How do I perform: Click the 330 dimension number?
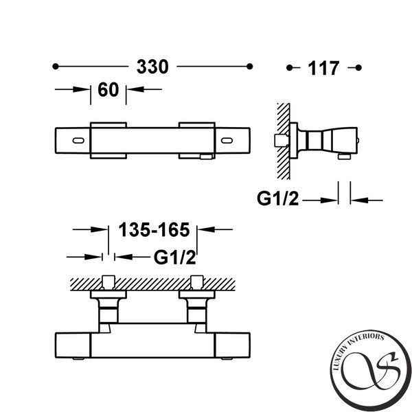click(x=152, y=67)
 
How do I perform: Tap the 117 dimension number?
click(x=323, y=68)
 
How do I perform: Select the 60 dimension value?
click(x=108, y=89)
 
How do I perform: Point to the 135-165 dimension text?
click(x=154, y=229)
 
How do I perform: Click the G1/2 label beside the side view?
click(x=277, y=198)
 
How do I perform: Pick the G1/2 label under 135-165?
click(x=174, y=257)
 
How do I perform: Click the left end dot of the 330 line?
click(x=56, y=67)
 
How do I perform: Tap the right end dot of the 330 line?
click(x=250, y=67)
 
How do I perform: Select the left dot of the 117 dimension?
click(x=289, y=68)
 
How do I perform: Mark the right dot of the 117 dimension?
click(x=358, y=68)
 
